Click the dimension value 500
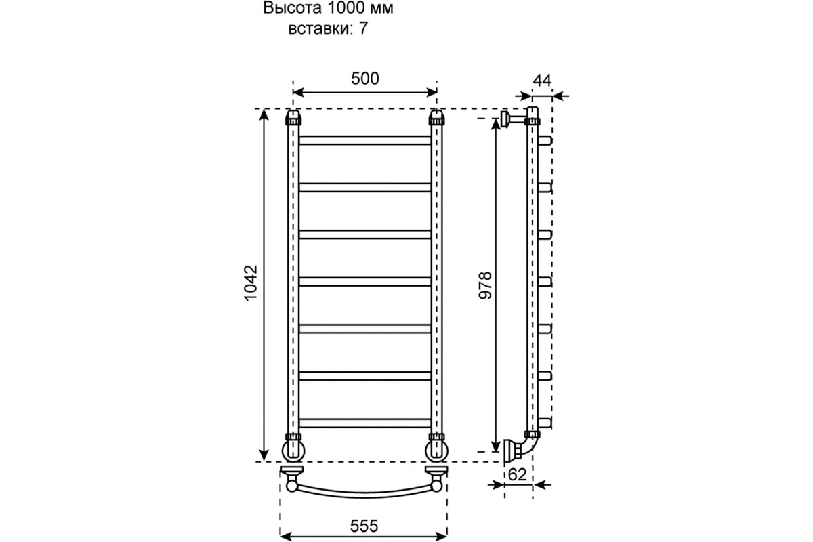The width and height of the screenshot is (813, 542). coord(364,79)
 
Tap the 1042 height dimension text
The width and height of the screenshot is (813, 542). coord(251,283)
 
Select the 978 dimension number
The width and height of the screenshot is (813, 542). coord(485,285)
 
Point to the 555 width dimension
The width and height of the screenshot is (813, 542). coord(364,526)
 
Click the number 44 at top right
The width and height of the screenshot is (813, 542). coord(542,81)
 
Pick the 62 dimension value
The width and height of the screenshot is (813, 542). coord(517,475)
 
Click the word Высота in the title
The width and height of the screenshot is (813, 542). coord(292,8)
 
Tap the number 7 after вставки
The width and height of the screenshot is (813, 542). coord(363,28)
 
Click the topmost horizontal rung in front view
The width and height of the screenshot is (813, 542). coord(364,140)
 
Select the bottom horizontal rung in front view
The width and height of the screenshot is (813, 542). coord(364,423)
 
